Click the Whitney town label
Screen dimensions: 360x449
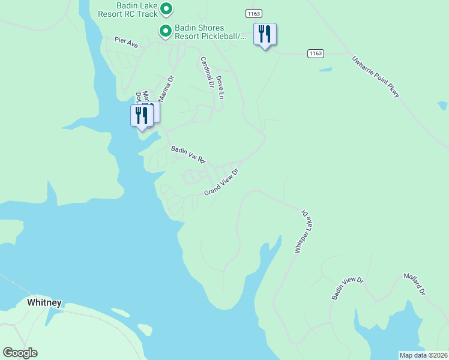click(x=44, y=303)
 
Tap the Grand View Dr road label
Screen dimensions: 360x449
click(x=221, y=182)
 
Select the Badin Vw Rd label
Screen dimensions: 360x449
click(x=188, y=155)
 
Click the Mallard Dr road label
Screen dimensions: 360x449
click(x=414, y=284)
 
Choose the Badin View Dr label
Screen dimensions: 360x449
click(x=348, y=289)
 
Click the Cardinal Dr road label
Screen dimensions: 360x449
click(x=206, y=72)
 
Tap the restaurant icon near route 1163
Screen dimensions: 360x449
click(x=265, y=34)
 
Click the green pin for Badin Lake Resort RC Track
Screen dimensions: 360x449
click(x=167, y=9)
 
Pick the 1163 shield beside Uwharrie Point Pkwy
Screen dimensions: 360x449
click(x=316, y=53)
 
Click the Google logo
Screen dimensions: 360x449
click(x=20, y=353)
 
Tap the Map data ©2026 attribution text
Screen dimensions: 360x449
click(x=423, y=355)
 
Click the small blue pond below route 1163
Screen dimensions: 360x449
click(x=326, y=70)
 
